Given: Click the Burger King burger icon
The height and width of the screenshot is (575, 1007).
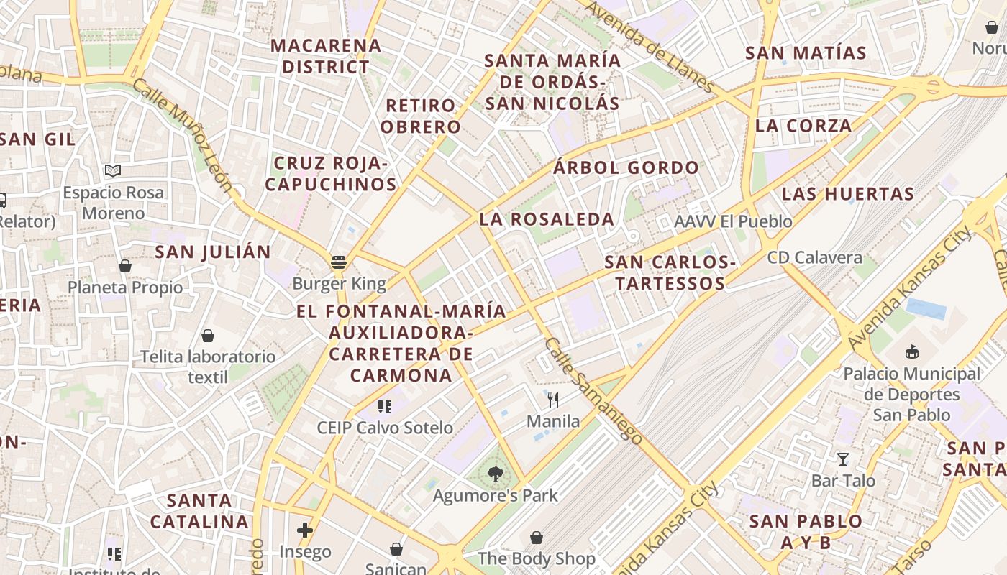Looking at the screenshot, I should coord(339,262).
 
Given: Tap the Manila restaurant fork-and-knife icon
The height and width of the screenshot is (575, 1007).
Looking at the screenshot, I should coord(553,400).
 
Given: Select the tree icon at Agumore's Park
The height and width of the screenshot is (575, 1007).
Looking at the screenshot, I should coord(495,474).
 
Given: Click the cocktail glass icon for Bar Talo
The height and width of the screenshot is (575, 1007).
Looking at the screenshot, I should coord(843,459).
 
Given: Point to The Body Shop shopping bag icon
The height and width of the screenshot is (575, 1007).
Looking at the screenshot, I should coord(537,537).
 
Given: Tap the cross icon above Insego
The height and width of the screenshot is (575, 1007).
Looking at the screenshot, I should coord(305,530).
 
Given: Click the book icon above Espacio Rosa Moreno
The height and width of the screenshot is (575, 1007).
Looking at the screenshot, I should coord(112,171).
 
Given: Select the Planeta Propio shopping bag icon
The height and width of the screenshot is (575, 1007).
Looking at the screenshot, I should coord(125,266).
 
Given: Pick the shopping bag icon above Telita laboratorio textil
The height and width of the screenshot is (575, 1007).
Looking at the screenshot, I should coord(208,335).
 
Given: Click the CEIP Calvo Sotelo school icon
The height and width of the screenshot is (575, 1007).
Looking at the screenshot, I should coord(385,407).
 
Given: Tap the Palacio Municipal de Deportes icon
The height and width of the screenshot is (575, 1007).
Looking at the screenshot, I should coord(912,351).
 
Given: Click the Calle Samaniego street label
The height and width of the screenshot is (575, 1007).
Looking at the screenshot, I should coord(593,391).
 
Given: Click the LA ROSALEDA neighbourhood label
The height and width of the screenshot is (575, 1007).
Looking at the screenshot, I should coord(547,219).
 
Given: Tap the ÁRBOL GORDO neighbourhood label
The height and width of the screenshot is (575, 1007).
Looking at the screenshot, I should coord(626,167).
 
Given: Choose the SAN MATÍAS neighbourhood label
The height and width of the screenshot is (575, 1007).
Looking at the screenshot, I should coord(806,52).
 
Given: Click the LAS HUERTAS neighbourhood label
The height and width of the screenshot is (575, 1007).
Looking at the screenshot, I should coord(847,193).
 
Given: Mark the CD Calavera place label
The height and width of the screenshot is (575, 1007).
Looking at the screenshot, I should coord(814,257).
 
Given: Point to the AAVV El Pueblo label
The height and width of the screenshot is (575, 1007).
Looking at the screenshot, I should coord(733,221).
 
